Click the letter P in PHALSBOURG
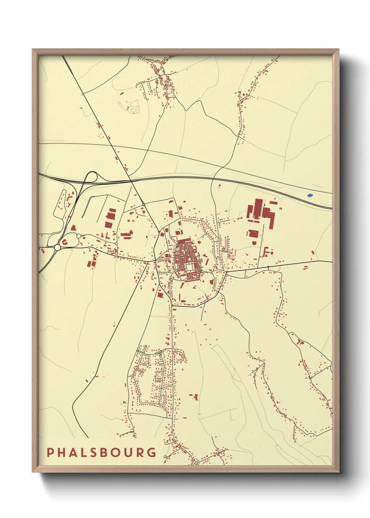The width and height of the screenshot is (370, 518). click(x=50, y=452)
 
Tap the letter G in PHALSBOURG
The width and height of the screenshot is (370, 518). click(x=152, y=452)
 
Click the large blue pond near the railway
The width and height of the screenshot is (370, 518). click(x=309, y=195)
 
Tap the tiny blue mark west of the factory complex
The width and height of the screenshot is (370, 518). click(x=226, y=211)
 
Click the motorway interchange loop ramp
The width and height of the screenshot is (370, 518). click(x=92, y=177)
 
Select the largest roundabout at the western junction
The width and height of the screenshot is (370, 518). click(x=57, y=248)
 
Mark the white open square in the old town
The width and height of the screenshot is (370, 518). click(x=189, y=267)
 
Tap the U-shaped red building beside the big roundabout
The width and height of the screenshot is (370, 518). click(x=65, y=241)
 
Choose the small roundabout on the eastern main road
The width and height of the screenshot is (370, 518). click(x=268, y=267)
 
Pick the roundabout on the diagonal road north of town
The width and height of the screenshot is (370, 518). click(x=144, y=204)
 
